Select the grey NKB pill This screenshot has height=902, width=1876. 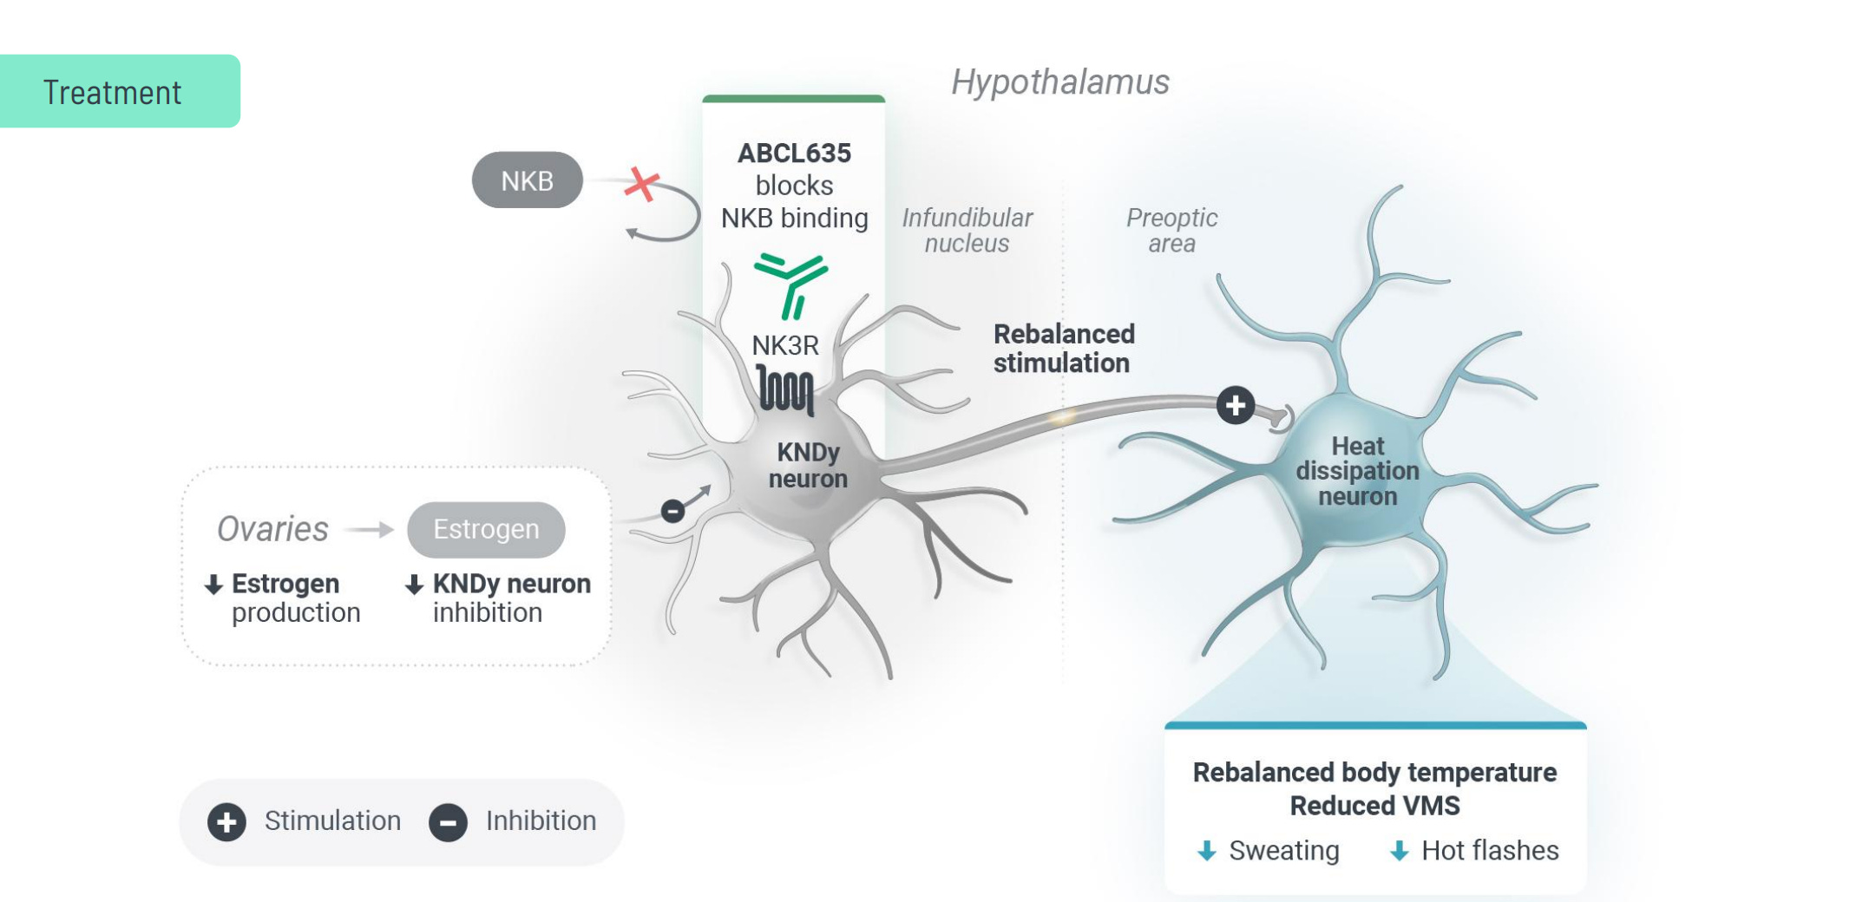527,180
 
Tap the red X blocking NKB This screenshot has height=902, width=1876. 641,183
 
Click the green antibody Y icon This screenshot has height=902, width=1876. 790,283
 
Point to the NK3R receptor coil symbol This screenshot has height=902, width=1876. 785,389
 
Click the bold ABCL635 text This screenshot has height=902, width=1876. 794,153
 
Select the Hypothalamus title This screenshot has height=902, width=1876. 1059,82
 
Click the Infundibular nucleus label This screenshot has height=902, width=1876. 967,230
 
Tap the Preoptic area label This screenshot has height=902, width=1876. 1171,230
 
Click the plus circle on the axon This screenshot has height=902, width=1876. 1235,405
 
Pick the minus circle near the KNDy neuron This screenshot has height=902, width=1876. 672,511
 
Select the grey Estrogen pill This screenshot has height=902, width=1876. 486,529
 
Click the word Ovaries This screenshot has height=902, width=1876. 272,529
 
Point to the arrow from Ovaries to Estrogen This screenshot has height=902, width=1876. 370,529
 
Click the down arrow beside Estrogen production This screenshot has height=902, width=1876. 213,585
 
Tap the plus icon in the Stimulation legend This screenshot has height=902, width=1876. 226,821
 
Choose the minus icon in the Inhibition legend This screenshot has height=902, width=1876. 448,822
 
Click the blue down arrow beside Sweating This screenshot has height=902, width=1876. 1206,851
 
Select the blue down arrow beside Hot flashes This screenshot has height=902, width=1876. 1399,851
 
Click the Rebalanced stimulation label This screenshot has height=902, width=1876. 1063,348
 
